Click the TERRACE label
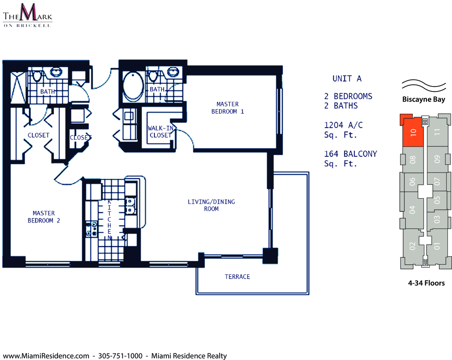tap(237, 277)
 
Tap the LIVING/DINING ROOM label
tap(211, 205)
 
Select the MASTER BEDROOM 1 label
tap(228, 108)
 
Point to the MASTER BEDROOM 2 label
tap(44, 217)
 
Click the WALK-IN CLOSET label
tap(161, 132)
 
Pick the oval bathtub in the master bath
tap(133, 86)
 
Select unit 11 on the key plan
tap(437, 132)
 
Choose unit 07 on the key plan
tap(437, 182)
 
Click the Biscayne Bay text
tap(424, 100)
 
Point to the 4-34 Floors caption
tap(426, 283)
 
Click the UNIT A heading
tap(347, 79)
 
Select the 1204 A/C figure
tap(343, 125)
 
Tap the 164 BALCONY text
tap(351, 154)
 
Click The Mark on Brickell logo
tap(27, 15)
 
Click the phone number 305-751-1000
tap(120, 356)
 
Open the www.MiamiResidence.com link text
tap(46, 356)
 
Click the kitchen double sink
tap(130, 206)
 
